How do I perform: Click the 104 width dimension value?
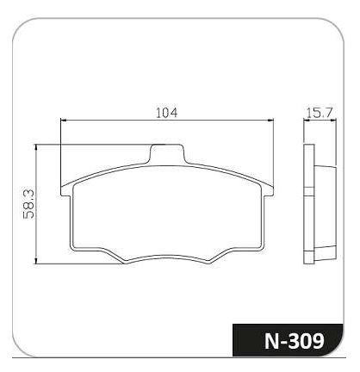pyautogui.click(x=166, y=113)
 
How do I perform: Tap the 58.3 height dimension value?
pyautogui.click(x=28, y=204)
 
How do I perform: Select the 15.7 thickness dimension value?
pyautogui.click(x=320, y=112)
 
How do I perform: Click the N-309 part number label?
pyautogui.click(x=294, y=341)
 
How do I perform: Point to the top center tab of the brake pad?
pyautogui.click(x=167, y=154)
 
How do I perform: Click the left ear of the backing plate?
pyautogui.click(x=66, y=190)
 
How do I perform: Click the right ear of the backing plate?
pyautogui.click(x=268, y=190)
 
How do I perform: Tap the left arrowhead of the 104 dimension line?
pyautogui.click(x=64, y=121)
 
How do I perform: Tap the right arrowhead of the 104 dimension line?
pyautogui.click(x=270, y=121)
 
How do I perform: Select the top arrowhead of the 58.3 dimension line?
pyautogui.click(x=36, y=147)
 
